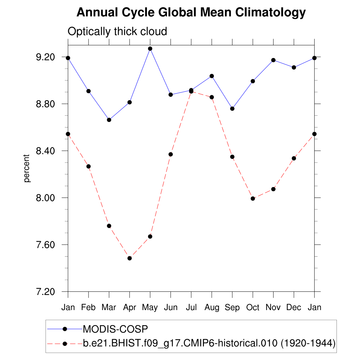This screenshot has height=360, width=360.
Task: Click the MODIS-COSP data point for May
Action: pos(150,49)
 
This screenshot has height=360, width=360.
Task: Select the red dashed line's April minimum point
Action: pos(130,258)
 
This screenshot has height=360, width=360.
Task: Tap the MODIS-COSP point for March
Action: pos(109,120)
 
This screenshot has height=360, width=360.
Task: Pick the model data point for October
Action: pos(253,198)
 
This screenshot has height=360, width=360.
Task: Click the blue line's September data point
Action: pos(232,109)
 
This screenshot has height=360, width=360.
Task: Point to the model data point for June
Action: pos(171,154)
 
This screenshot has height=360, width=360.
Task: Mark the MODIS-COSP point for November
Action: pos(273,60)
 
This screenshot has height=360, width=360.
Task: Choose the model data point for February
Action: pos(89,166)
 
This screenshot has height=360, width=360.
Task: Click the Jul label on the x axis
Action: pos(191,308)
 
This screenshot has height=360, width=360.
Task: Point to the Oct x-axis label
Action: pos(253,308)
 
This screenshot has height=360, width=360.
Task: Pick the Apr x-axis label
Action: pos(130,308)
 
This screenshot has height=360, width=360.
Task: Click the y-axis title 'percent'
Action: pos(27,168)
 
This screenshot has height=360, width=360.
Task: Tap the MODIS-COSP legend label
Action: pos(115,329)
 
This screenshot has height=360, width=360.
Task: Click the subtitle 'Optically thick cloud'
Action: pos(117,32)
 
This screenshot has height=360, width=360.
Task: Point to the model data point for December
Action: pos(294,158)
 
